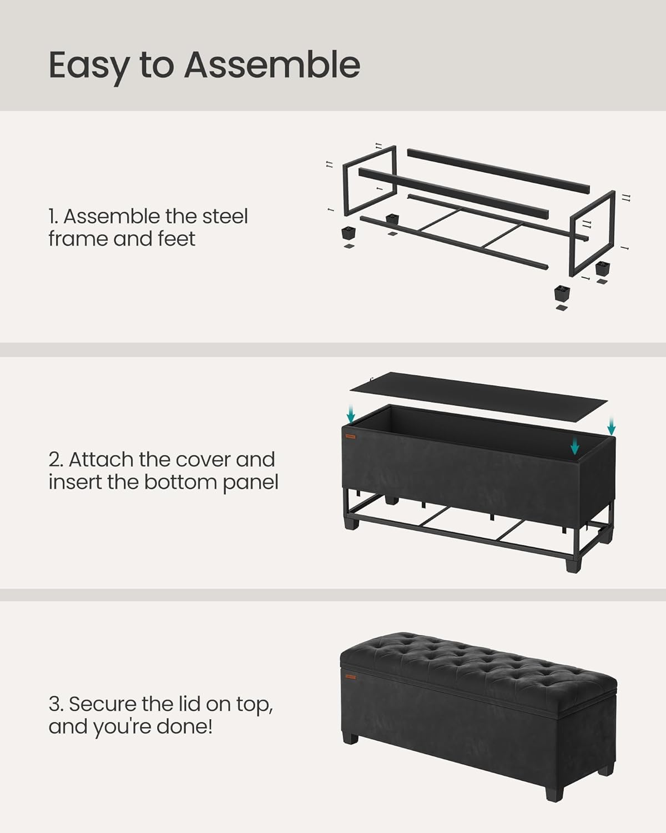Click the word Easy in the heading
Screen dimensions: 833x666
pyautogui.click(x=88, y=66)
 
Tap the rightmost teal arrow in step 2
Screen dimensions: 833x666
pyautogui.click(x=611, y=426)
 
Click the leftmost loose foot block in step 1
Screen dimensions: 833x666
pyautogui.click(x=348, y=232)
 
